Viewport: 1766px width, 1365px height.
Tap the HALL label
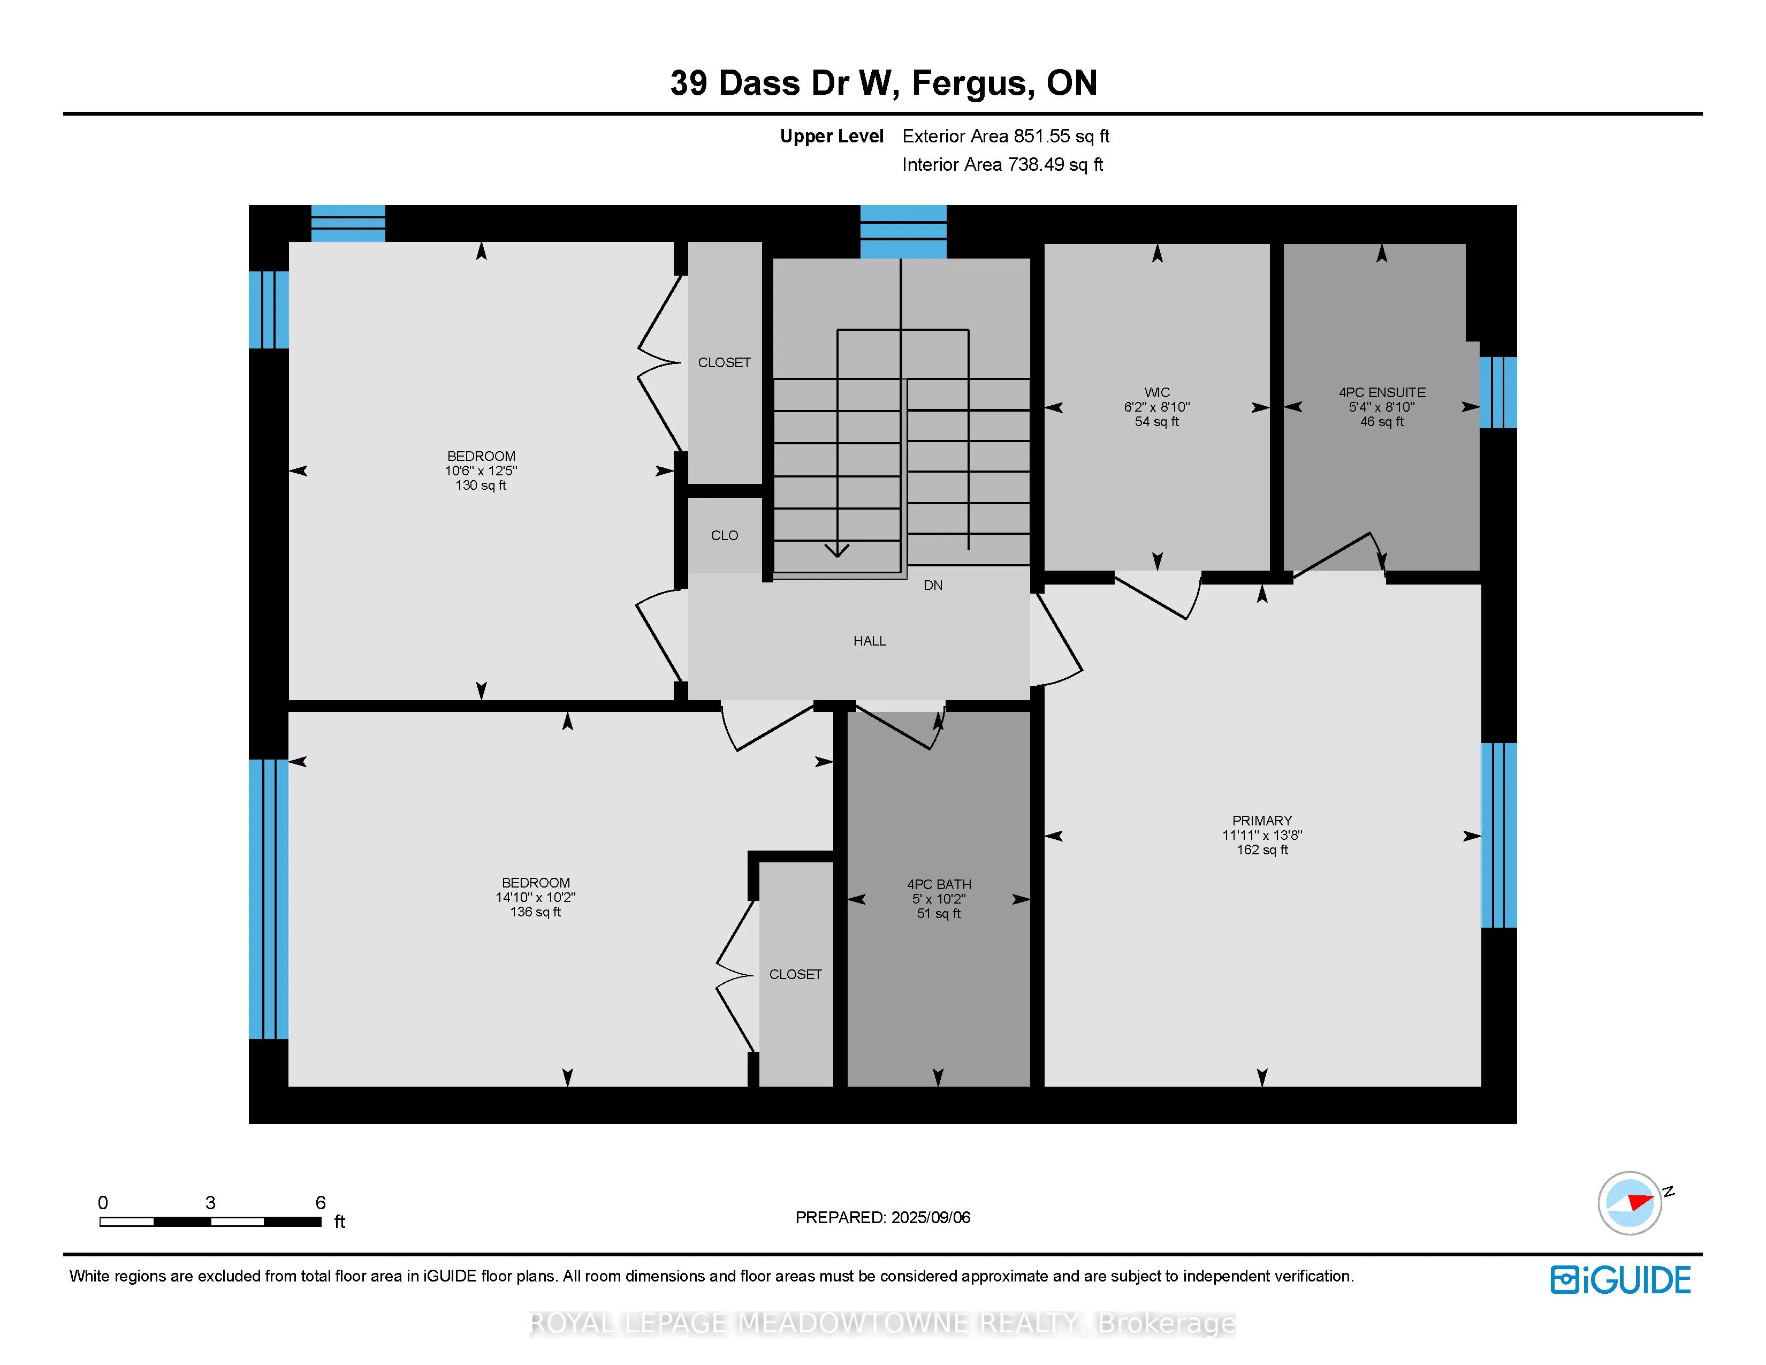869,640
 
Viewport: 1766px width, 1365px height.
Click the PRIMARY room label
1261,820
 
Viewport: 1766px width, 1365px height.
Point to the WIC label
1156,392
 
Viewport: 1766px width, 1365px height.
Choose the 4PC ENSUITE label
1382,392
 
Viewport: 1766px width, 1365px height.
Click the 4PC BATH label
939,884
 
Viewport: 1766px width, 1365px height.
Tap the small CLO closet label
725,535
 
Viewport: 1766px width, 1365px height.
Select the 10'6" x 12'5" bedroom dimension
481,470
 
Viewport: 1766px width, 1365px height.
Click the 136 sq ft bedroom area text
535,912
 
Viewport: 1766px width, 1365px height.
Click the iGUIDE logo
1620,1280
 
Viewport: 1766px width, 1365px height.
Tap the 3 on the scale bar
210,1202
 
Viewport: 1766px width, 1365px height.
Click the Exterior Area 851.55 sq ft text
1006,136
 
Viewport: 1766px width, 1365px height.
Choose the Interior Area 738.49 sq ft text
1003,164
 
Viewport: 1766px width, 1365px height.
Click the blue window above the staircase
903,231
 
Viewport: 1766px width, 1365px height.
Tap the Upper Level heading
831,136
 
